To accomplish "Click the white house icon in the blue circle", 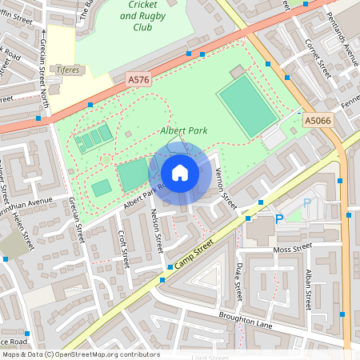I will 180,172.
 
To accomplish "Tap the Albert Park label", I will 182,130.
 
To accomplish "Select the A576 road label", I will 138,79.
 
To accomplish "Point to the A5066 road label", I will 317,120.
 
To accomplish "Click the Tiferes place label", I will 66,70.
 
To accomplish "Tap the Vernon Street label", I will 225,189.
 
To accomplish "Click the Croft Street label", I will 122,248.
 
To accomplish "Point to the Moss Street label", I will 292,250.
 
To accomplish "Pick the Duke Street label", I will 239,282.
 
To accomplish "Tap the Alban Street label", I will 308,288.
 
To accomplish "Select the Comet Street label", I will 318,56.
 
